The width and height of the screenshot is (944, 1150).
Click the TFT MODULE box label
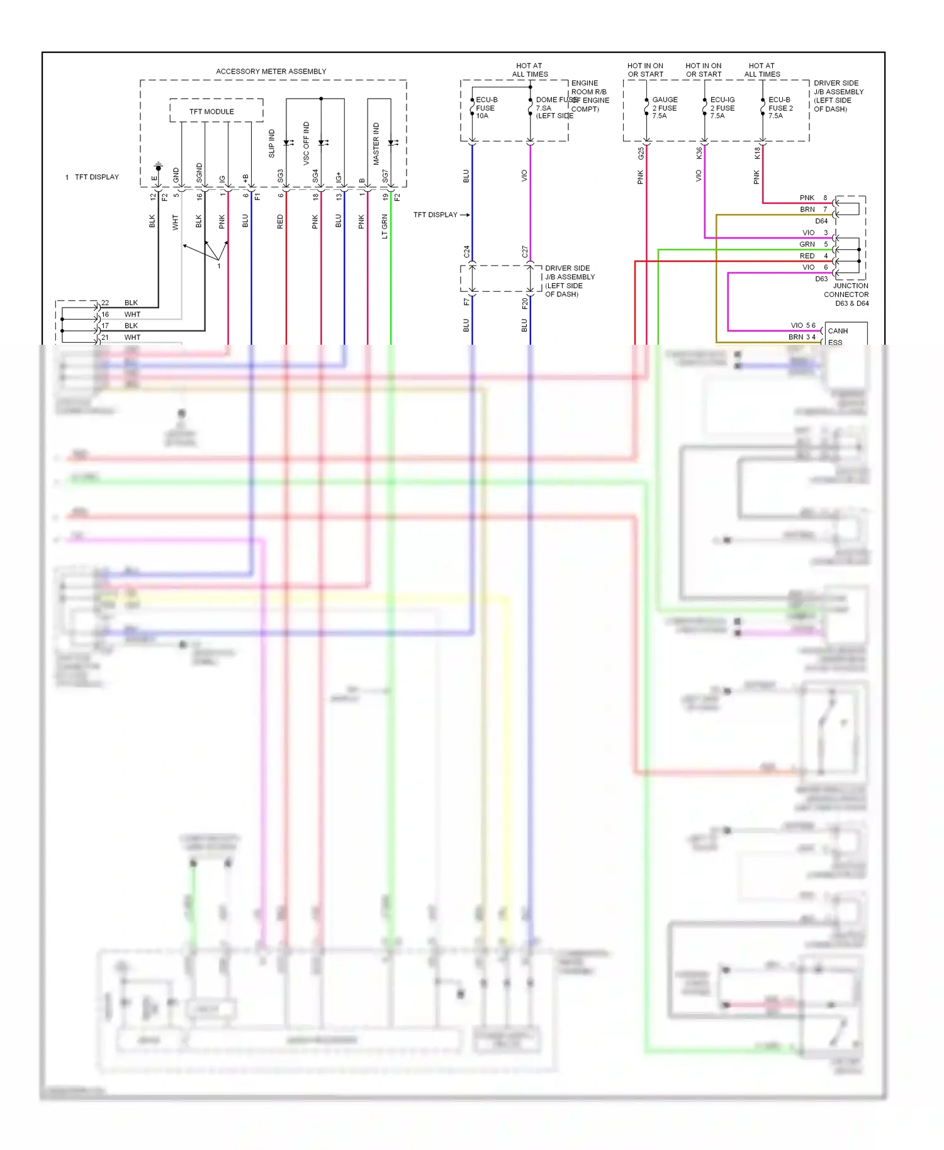click(211, 111)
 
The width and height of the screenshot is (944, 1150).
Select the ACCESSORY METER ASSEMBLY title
click(271, 71)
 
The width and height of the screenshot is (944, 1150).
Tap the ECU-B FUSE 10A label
click(486, 108)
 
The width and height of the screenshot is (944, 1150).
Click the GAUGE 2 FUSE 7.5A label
click(665, 108)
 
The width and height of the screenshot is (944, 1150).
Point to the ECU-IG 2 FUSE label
click(722, 104)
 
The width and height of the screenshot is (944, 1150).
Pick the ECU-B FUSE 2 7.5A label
click(780, 108)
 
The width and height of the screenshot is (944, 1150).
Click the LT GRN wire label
click(385, 226)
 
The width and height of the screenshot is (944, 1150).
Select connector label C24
click(466, 252)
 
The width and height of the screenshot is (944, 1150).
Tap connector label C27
click(525, 252)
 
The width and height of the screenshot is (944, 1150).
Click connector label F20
click(525, 303)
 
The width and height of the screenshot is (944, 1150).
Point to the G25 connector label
click(641, 153)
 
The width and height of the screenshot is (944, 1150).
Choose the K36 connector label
click(699, 153)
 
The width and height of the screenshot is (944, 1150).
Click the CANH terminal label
click(838, 331)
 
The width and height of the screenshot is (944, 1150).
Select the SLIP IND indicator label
click(272, 143)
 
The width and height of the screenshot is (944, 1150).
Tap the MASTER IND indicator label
click(376, 144)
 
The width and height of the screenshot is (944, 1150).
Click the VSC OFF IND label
click(306, 143)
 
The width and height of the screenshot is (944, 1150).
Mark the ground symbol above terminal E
click(159, 167)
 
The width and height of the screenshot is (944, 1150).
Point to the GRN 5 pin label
click(813, 244)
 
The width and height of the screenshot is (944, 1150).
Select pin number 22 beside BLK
click(105, 303)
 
